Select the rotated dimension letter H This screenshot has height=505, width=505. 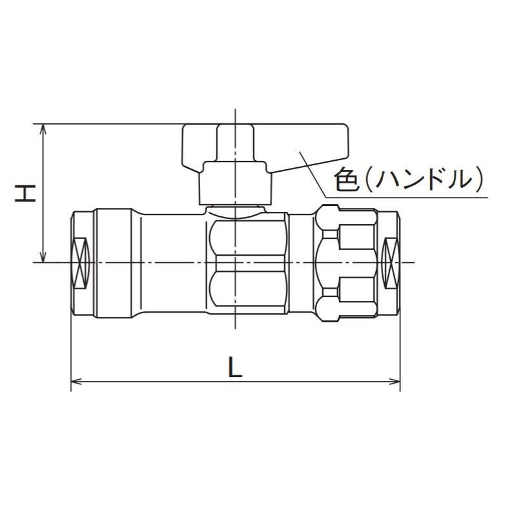pyautogui.click(x=25, y=192)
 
